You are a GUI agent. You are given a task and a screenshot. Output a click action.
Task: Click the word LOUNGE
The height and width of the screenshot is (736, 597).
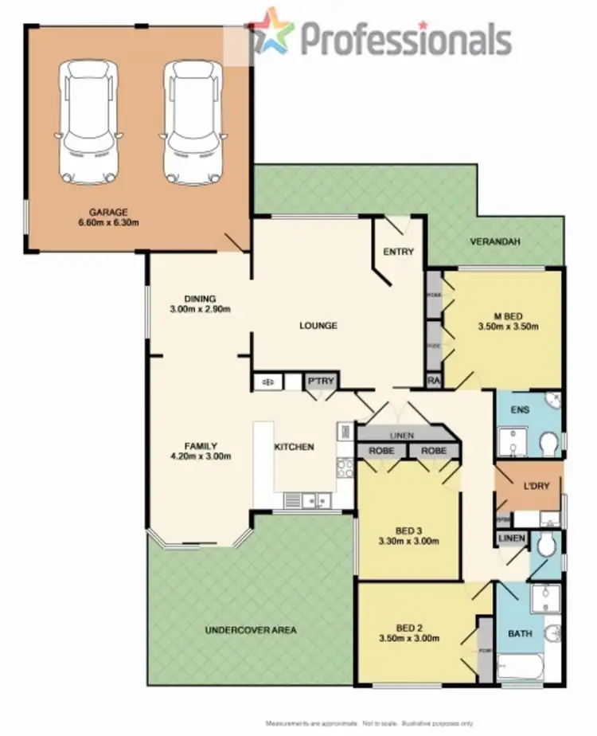(318, 326)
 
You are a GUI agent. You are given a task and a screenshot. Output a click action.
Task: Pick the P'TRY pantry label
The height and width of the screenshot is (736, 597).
(322, 382)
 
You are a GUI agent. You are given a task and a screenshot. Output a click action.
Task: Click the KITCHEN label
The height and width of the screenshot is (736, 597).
(294, 447)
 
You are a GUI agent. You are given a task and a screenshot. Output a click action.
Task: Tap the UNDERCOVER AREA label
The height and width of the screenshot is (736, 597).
(251, 630)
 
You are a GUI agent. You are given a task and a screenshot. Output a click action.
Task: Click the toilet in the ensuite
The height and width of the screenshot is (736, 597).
(548, 443)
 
